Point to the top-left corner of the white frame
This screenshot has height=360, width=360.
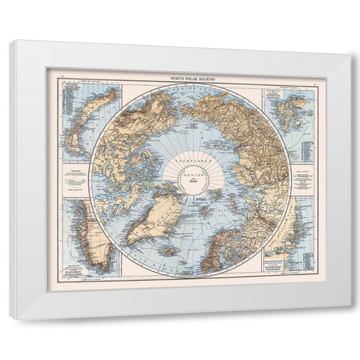pyautogui.click(x=11, y=41)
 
